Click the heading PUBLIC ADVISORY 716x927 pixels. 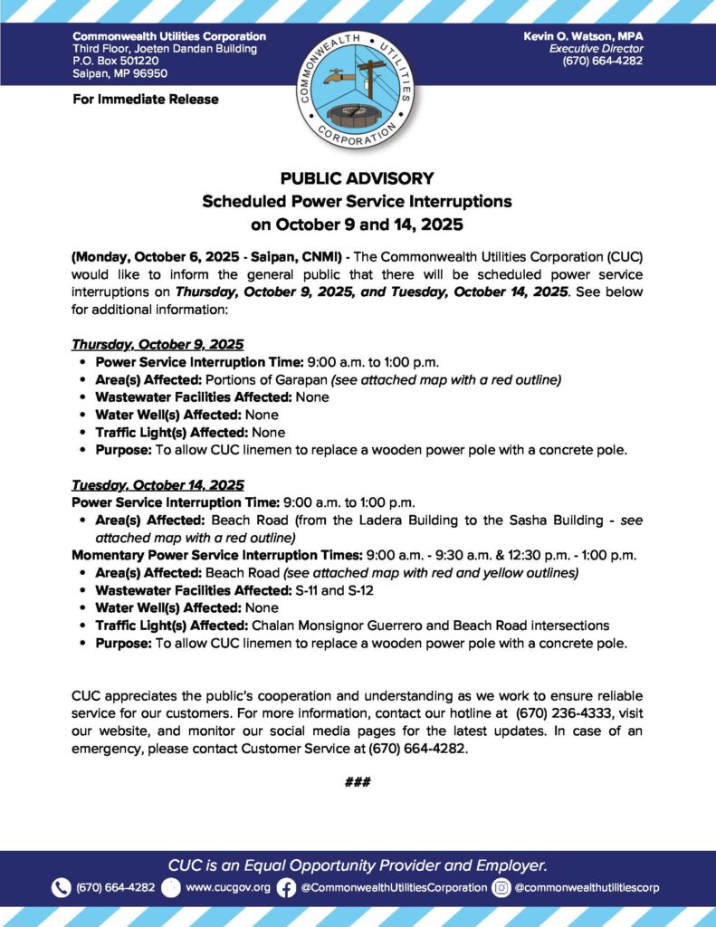coord(358,178)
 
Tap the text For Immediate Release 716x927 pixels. coord(145,99)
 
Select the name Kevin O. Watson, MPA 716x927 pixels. coord(583,35)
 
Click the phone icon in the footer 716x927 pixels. coord(61,887)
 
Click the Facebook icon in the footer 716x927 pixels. coord(286,887)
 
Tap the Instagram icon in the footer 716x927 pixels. coord(501,887)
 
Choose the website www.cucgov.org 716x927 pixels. coord(227,887)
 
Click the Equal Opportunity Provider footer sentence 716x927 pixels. coord(358,865)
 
